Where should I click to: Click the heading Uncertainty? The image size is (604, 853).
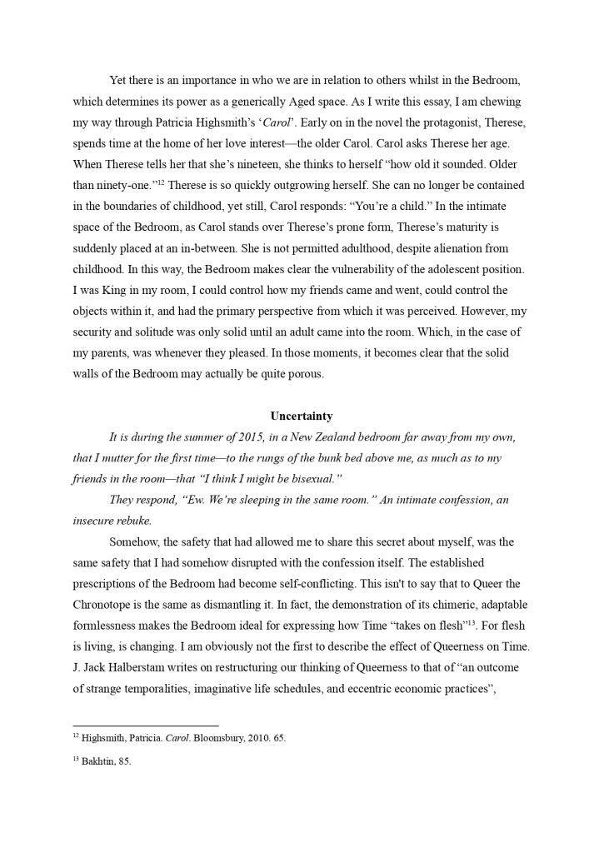(x=302, y=416)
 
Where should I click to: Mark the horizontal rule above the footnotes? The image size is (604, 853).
(x=146, y=726)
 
